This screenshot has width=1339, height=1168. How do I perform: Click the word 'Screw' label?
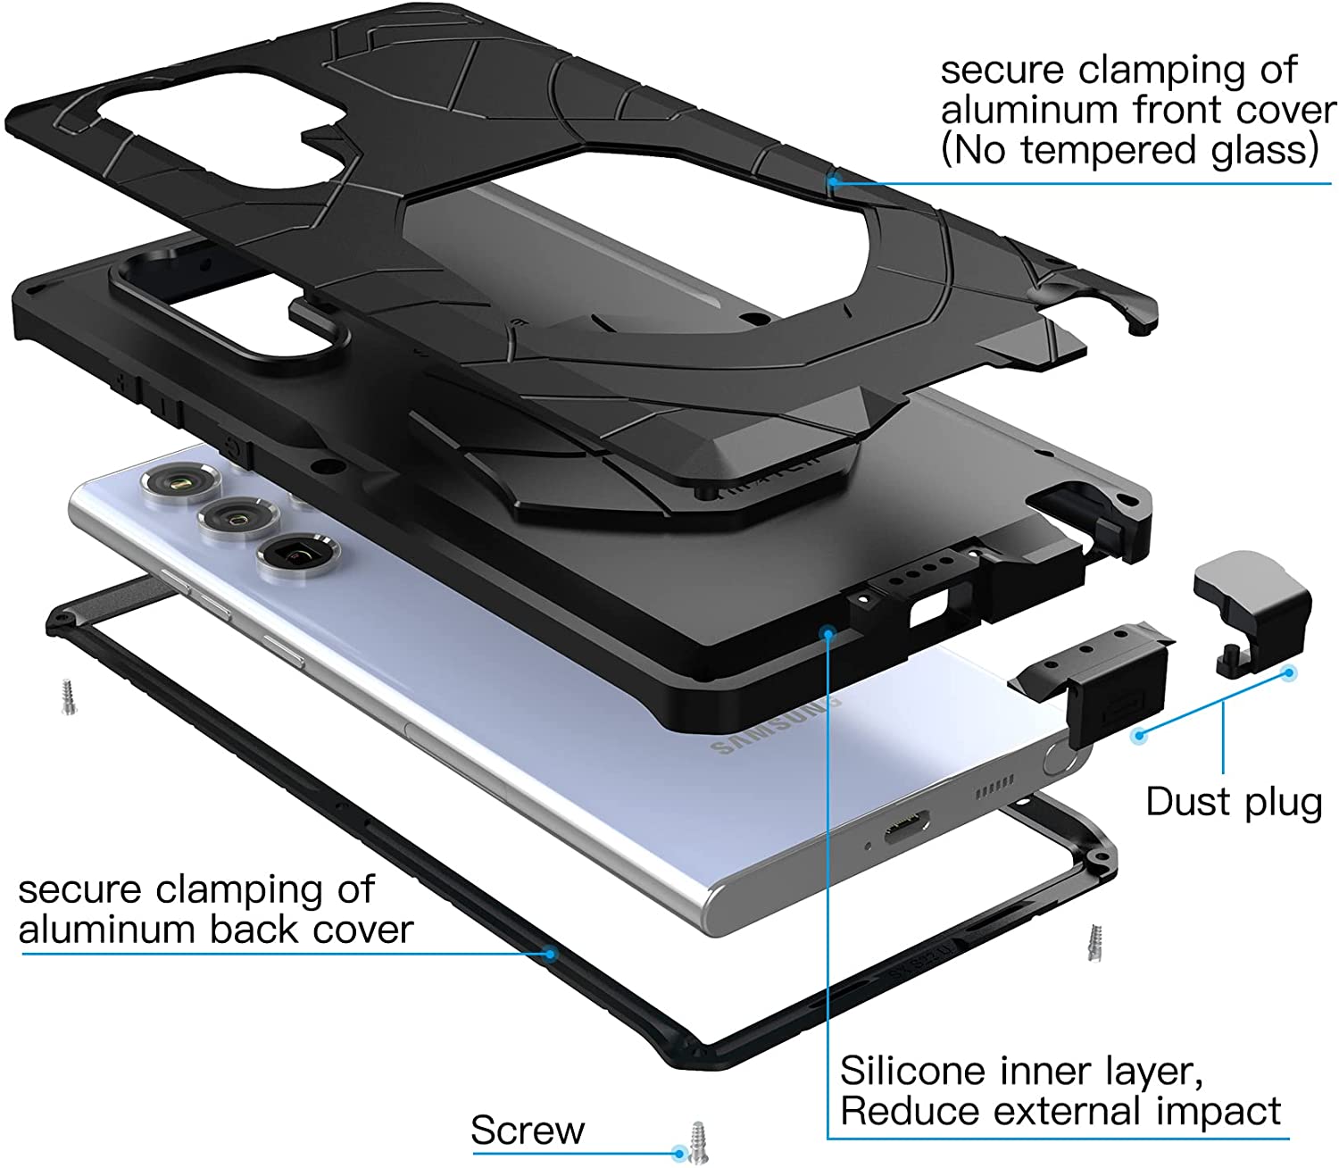[x=528, y=1130]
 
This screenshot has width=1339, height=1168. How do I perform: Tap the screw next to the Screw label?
[x=696, y=1143]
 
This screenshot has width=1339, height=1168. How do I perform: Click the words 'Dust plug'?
[x=1233, y=802]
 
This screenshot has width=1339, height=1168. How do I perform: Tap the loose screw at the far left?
[x=68, y=697]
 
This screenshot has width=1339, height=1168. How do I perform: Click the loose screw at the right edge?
[x=1096, y=942]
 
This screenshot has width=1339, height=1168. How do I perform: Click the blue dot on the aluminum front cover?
[x=831, y=181]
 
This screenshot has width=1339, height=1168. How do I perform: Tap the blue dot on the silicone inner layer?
[x=828, y=633]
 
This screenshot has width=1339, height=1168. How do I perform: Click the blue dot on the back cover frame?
[x=551, y=954]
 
